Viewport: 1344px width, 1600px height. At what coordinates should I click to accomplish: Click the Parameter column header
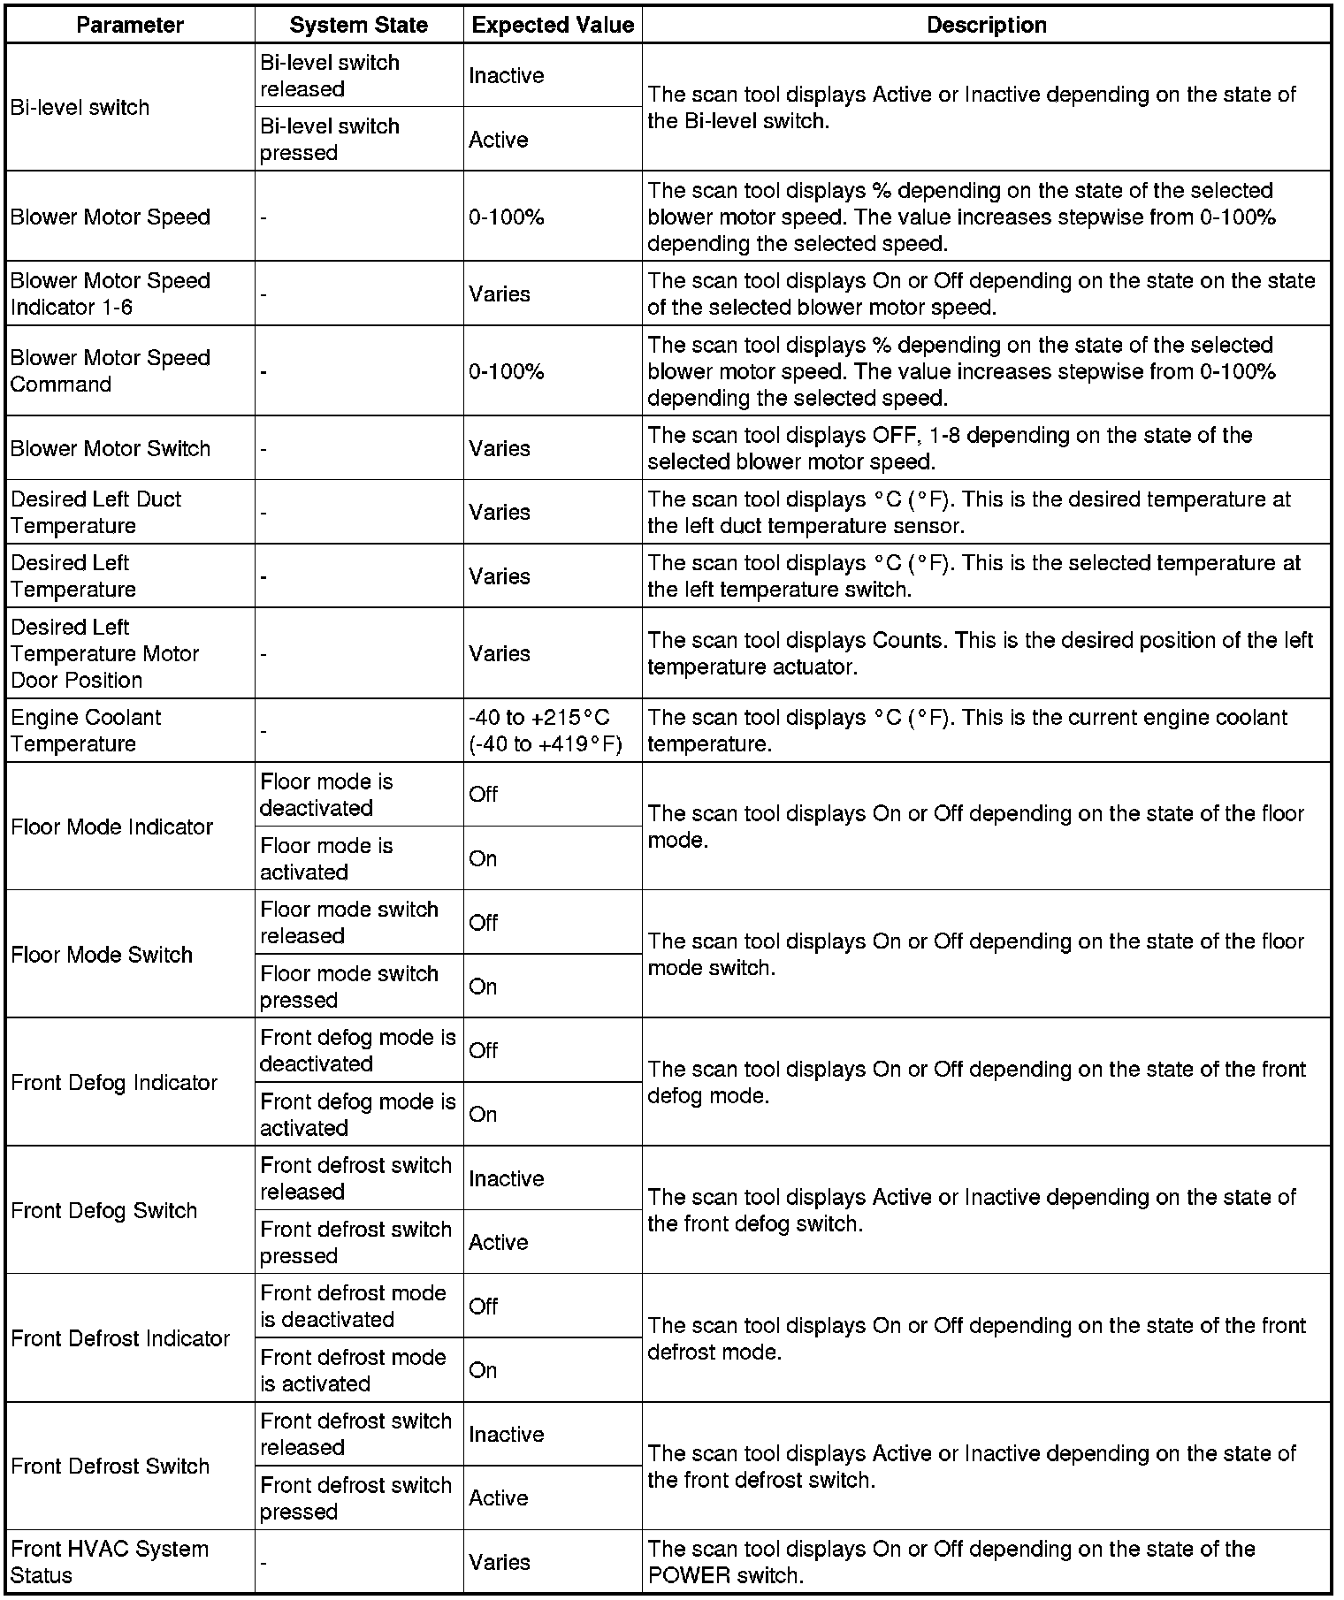pos(130,25)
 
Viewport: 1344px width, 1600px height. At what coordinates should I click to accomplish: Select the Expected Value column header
pos(553,25)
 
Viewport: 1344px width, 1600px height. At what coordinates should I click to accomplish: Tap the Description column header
pos(986,25)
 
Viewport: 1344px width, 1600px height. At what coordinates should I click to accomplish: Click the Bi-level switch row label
pos(80,108)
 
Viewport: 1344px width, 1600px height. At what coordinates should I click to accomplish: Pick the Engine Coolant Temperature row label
pos(86,730)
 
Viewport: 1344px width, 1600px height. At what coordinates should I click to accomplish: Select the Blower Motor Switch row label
pos(111,448)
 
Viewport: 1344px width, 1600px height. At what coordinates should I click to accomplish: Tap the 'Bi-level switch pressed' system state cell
pos(330,140)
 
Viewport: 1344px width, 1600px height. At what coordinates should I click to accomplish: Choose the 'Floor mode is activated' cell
pos(326,858)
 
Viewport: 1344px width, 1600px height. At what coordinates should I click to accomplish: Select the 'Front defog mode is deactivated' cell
pos(357,1050)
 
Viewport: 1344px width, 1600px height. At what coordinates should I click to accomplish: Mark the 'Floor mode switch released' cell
pos(348,922)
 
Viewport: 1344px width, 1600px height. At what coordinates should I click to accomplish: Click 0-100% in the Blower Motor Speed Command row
pos(507,371)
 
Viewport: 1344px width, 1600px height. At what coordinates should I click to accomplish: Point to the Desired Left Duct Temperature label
pos(95,512)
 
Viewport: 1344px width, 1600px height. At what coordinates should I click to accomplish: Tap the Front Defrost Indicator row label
pos(120,1338)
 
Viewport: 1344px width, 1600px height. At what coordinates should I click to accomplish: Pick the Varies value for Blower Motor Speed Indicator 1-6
pos(500,294)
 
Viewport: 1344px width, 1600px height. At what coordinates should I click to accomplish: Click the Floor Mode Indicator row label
pos(112,827)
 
